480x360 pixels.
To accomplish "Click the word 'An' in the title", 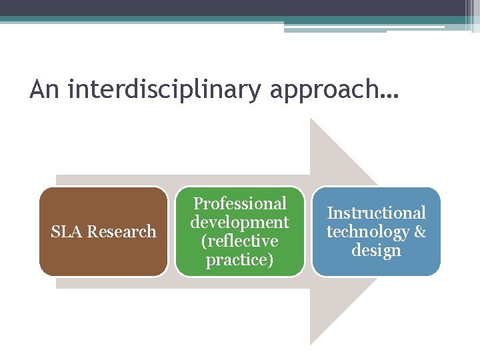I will tap(45, 89).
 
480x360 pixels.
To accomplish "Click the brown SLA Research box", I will tap(103, 253).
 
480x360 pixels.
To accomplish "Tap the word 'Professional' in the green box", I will tap(239, 203).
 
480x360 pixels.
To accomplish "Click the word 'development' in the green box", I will tap(239, 222).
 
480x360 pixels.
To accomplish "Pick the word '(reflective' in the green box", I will tap(239, 241).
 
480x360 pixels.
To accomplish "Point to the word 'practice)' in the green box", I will tap(239, 259).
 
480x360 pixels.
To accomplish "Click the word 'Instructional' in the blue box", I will tap(376, 213).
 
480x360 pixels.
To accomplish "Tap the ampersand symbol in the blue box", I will tap(420, 231).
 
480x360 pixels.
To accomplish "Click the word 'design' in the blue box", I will tap(376, 250).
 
